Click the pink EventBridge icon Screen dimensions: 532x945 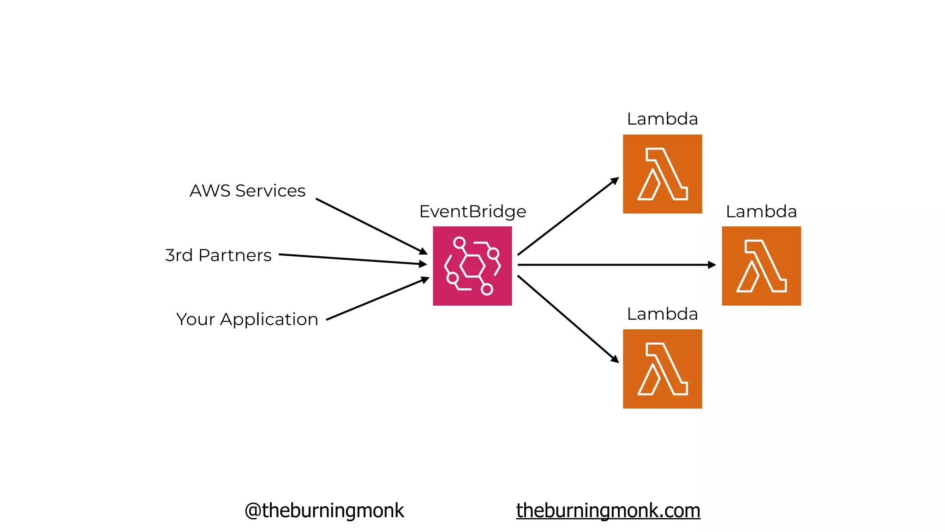click(x=472, y=266)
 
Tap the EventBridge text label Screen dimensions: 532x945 click(x=472, y=212)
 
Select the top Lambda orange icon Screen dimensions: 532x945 click(x=662, y=174)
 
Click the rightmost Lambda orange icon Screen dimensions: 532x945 click(x=761, y=266)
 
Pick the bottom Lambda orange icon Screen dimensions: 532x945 click(x=662, y=369)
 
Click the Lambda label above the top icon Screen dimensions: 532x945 click(x=662, y=119)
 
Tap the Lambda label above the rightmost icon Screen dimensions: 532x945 click(x=761, y=212)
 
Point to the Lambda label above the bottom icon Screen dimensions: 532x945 click(x=662, y=314)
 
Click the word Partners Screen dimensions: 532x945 click(x=235, y=255)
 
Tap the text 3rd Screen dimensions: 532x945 click(x=179, y=255)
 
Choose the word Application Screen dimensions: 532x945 click(x=269, y=320)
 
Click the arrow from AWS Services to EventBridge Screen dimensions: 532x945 click(x=371, y=226)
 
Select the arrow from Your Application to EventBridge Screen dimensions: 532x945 click(x=377, y=299)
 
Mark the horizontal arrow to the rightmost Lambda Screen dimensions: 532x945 click(x=616, y=265)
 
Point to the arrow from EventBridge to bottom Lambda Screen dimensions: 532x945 click(x=568, y=319)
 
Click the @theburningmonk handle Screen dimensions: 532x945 click(x=324, y=510)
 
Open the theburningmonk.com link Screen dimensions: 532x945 click(x=608, y=510)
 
